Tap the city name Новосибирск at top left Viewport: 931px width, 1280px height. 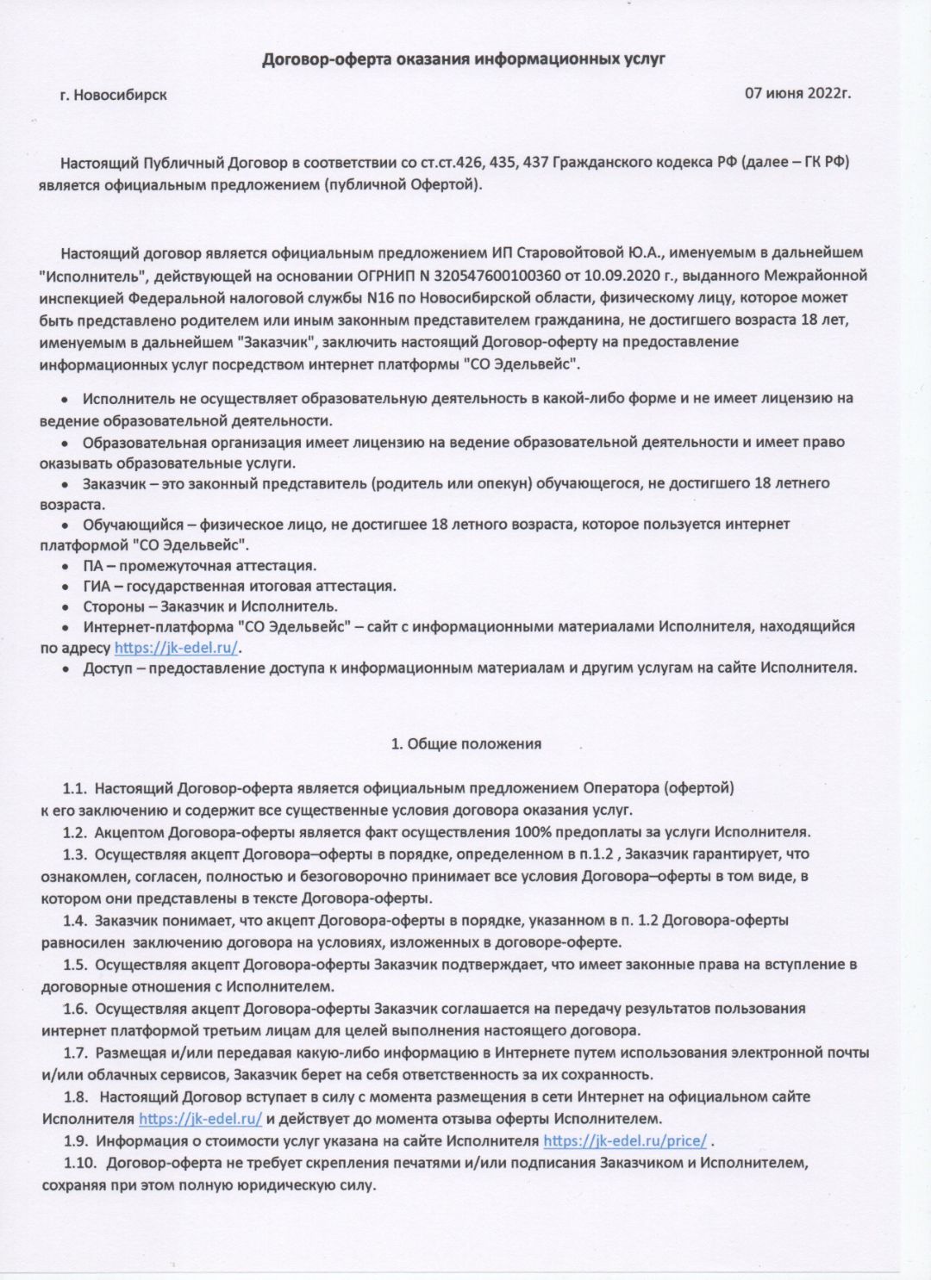click(120, 95)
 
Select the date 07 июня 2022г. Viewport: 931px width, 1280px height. click(797, 93)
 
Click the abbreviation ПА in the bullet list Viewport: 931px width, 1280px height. click(93, 566)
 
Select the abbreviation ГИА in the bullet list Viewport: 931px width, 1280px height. click(97, 587)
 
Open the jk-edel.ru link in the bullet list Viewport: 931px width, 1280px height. click(177, 648)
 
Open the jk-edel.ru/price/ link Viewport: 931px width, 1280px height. click(625, 1141)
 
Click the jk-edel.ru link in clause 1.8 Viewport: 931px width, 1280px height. click(200, 1120)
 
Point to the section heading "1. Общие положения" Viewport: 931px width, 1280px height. click(465, 744)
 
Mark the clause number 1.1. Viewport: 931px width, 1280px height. click(75, 788)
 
